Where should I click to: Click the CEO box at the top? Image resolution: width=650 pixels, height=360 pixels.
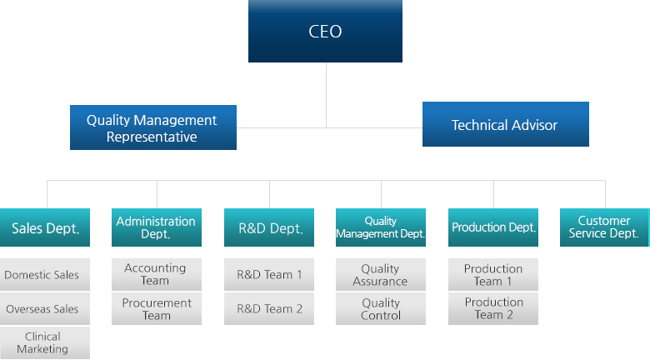pyautogui.click(x=325, y=31)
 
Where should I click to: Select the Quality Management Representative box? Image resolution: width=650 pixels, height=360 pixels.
pyautogui.click(x=153, y=127)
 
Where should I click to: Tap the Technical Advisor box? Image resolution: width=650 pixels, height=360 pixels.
pyautogui.click(x=505, y=124)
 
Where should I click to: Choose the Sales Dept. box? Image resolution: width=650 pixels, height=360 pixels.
pyautogui.click(x=45, y=227)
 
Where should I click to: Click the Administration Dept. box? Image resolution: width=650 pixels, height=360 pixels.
pyautogui.click(x=157, y=227)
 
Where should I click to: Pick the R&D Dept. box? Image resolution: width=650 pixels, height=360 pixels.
pyautogui.click(x=269, y=227)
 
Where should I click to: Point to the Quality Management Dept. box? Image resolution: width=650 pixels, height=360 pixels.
pyautogui.click(x=381, y=227)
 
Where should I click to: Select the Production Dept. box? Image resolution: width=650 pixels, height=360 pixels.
pyautogui.click(x=493, y=227)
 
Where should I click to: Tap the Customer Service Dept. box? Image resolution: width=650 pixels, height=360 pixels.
pyautogui.click(x=605, y=227)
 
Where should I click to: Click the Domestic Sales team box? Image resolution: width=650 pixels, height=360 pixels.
pyautogui.click(x=45, y=274)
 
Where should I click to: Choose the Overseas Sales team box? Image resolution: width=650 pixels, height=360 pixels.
pyautogui.click(x=45, y=309)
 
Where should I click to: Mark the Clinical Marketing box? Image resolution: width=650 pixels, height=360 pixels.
pyautogui.click(x=45, y=343)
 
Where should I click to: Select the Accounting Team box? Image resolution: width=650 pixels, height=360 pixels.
pyautogui.click(x=157, y=274)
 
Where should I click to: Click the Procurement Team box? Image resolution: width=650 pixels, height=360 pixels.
pyautogui.click(x=157, y=309)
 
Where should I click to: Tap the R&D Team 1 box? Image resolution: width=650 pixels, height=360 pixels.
pyautogui.click(x=269, y=274)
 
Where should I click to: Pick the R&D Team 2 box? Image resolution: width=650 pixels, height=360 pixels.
pyautogui.click(x=269, y=309)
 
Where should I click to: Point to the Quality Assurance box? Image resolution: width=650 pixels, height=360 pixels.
pyautogui.click(x=381, y=274)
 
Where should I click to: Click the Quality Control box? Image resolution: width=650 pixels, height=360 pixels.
pyautogui.click(x=381, y=309)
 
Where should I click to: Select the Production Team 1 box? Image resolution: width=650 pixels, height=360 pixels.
pyautogui.click(x=493, y=274)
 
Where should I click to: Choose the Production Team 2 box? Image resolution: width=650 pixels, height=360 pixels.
pyautogui.click(x=493, y=309)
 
